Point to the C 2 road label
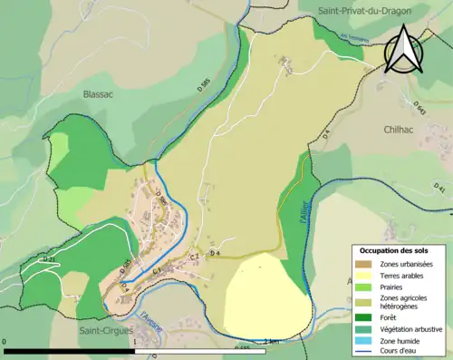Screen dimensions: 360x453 [194, 258]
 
